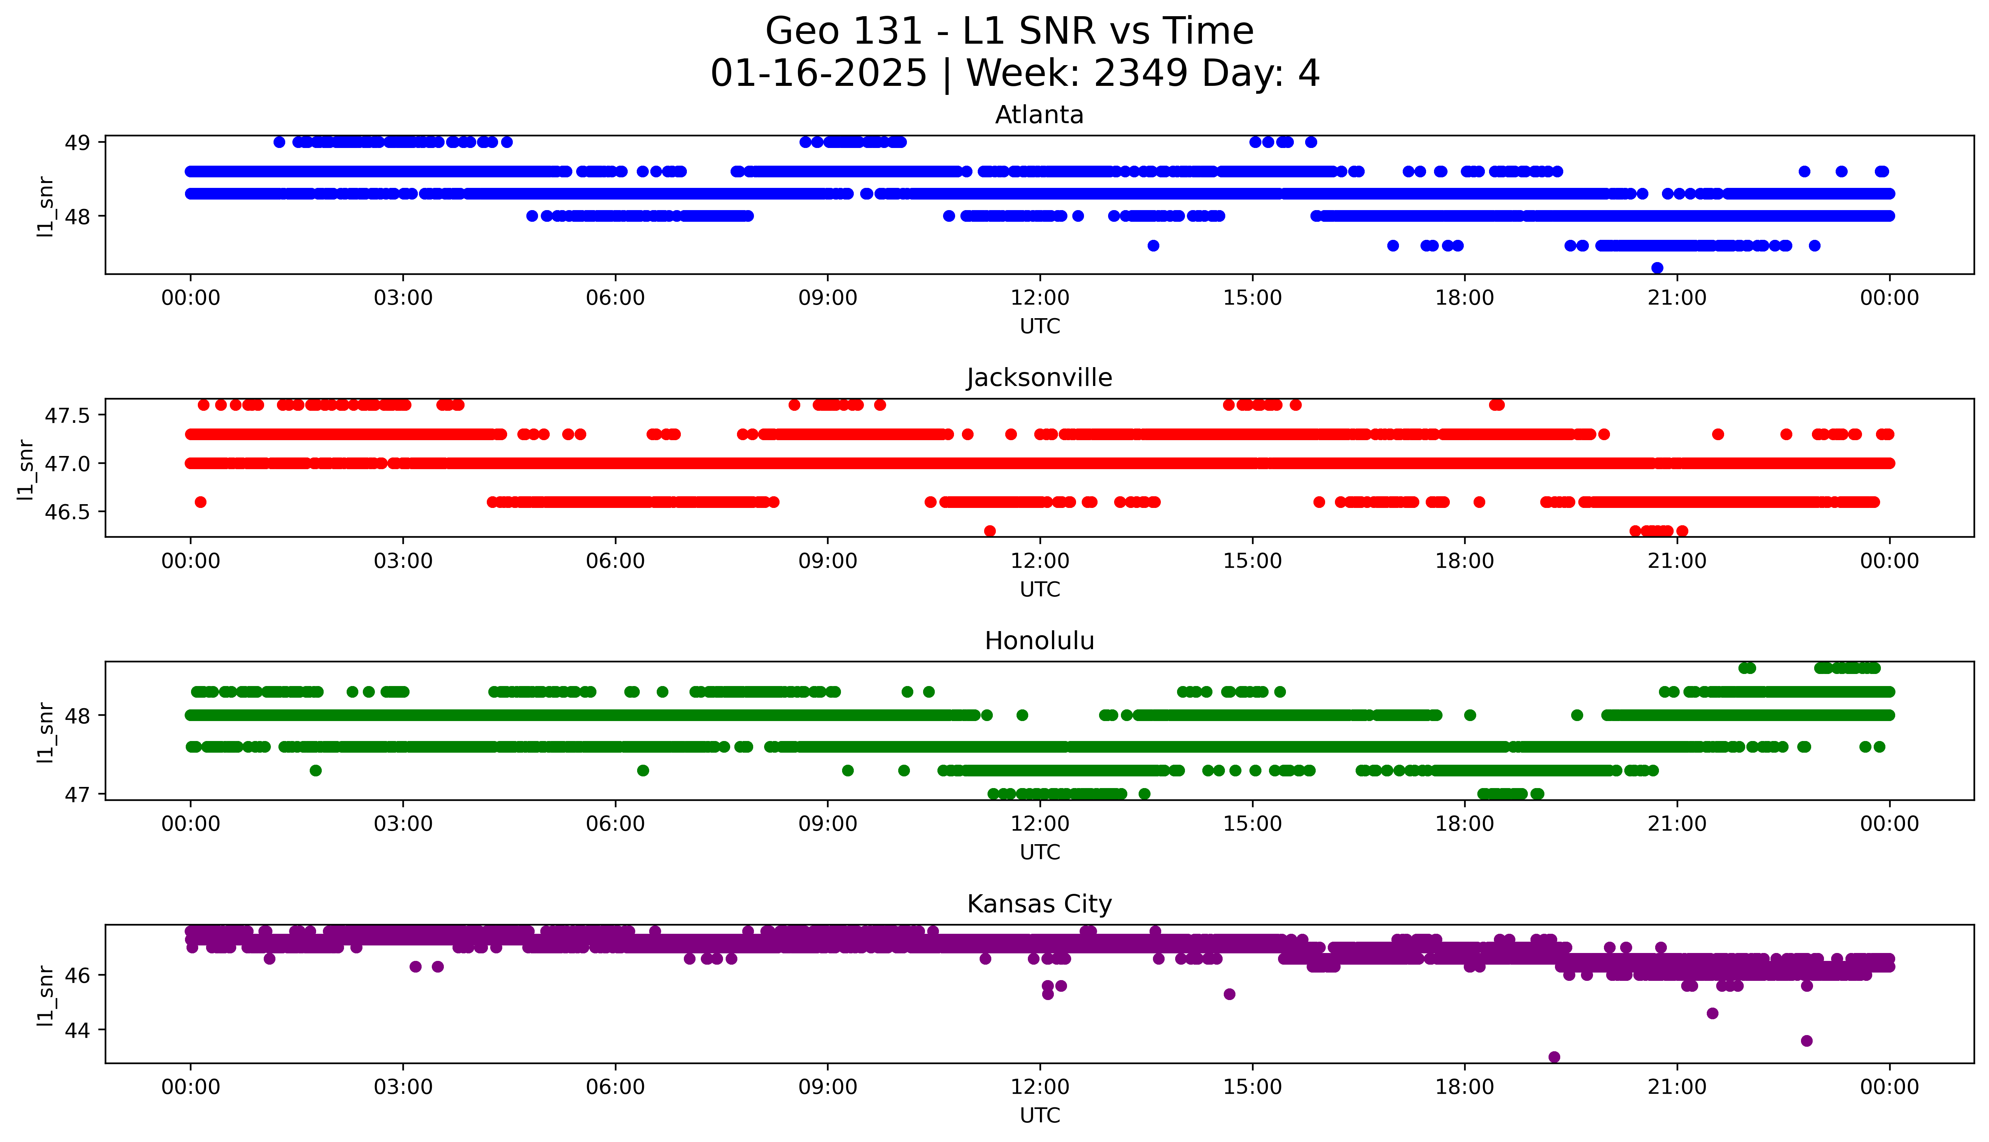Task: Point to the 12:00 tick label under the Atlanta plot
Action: click(1040, 298)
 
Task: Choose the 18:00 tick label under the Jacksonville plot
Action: click(1464, 561)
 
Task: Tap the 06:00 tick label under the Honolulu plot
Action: click(615, 823)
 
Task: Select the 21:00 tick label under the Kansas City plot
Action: click(1677, 1087)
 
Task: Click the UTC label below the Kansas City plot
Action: click(1040, 1115)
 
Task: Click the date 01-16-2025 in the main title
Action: click(818, 74)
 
